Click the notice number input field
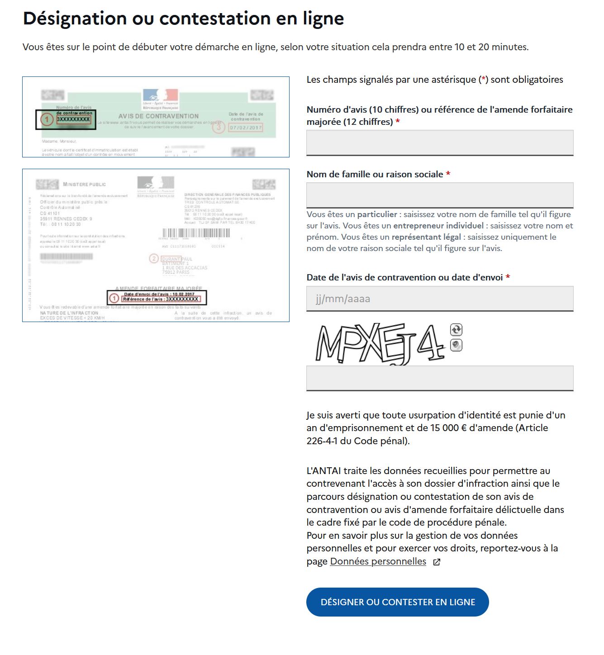point(440,142)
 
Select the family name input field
point(440,195)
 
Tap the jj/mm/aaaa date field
point(440,299)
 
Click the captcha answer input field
point(440,378)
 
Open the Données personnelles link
point(378,561)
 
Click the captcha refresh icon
point(456,330)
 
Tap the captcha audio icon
point(456,345)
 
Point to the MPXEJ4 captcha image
point(380,344)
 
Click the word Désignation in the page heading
point(75,19)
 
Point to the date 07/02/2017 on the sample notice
point(246,128)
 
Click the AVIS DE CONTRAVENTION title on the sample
point(158,116)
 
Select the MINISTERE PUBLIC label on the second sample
point(85,185)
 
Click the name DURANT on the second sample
point(171,259)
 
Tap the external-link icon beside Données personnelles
point(437,562)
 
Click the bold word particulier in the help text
point(376,214)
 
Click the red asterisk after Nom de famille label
point(448,174)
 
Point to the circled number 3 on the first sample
point(219,127)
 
